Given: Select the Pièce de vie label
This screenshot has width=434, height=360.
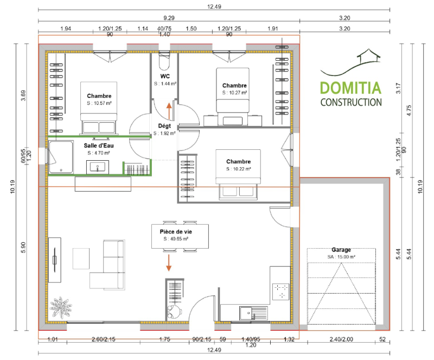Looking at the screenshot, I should (x=176, y=231).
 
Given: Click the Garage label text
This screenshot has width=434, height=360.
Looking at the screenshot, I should (x=341, y=250).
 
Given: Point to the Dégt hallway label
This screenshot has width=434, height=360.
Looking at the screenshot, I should (x=164, y=125).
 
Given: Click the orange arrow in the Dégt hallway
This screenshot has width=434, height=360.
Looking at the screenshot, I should (x=169, y=112).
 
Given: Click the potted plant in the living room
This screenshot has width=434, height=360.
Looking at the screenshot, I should (x=60, y=309).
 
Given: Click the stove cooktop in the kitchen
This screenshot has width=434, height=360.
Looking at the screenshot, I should (x=282, y=292).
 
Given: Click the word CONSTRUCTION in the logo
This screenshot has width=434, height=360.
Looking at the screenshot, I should (x=350, y=102).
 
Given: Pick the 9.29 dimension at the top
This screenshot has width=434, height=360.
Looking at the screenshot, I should (x=169, y=17).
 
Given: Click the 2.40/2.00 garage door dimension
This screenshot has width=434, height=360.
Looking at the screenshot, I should (x=341, y=339).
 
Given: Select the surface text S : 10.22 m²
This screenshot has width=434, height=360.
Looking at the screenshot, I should (x=239, y=168).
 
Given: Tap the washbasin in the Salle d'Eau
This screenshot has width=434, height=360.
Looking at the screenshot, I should (x=99, y=169).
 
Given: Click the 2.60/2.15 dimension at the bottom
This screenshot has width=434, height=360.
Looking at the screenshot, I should (x=104, y=339).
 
